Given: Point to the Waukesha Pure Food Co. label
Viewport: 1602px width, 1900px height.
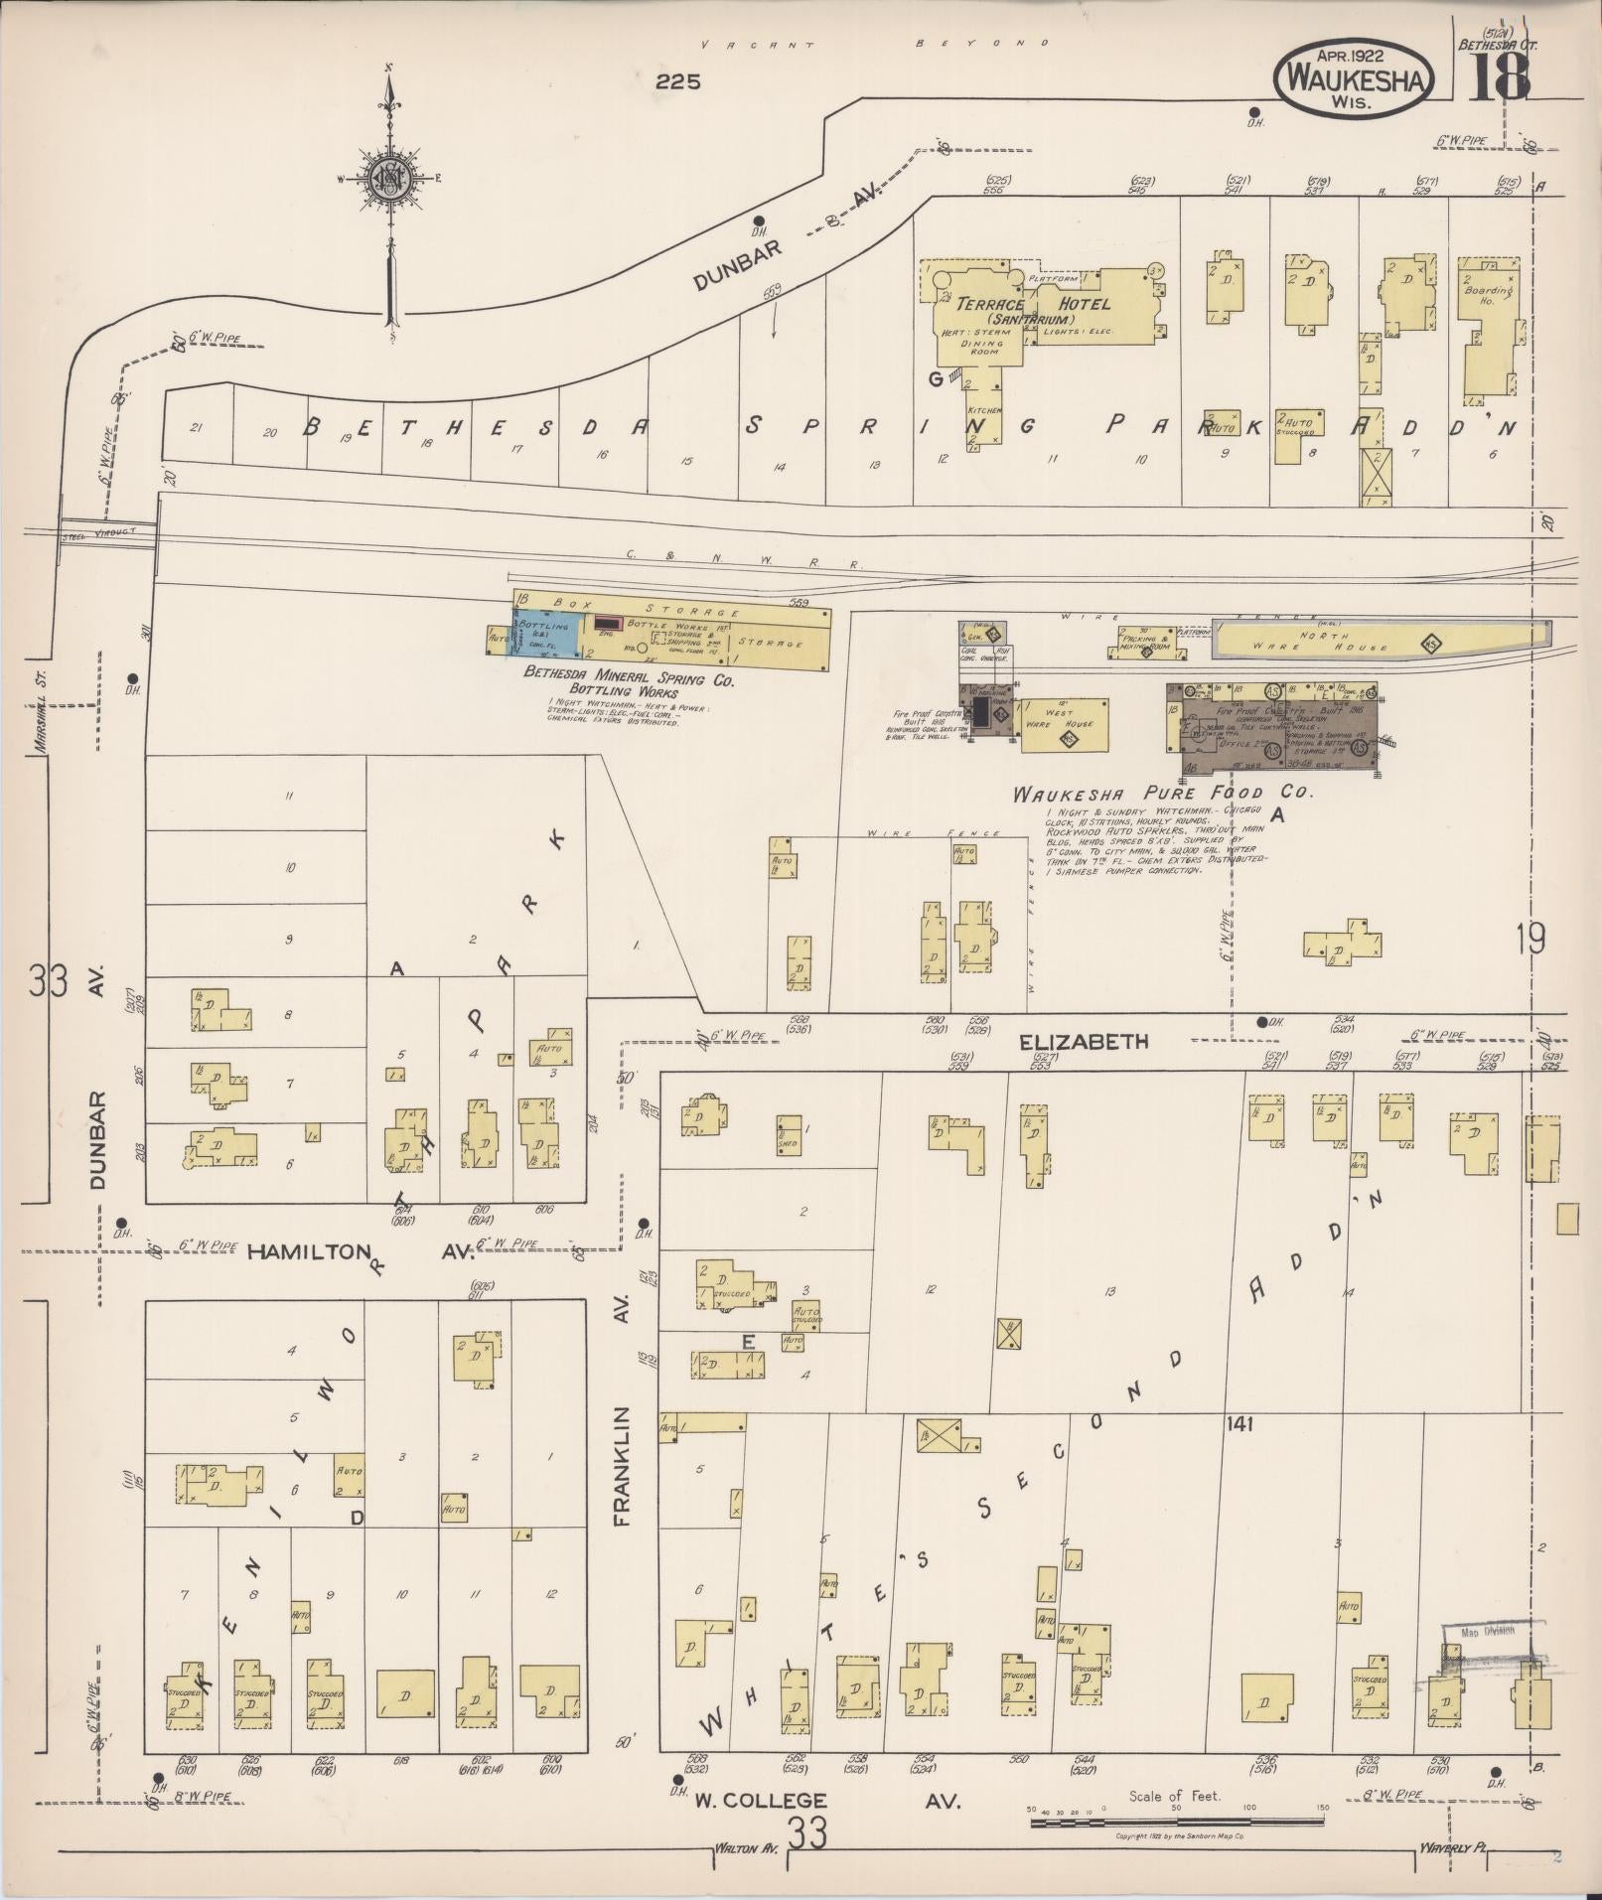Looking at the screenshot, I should (1162, 794).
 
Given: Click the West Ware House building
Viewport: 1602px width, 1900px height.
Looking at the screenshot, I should (1063, 717).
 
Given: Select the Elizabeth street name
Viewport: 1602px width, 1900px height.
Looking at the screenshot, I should (1083, 1041).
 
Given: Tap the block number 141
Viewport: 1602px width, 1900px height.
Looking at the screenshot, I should (1239, 1423).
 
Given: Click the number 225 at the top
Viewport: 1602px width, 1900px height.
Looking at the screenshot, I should (678, 81).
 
